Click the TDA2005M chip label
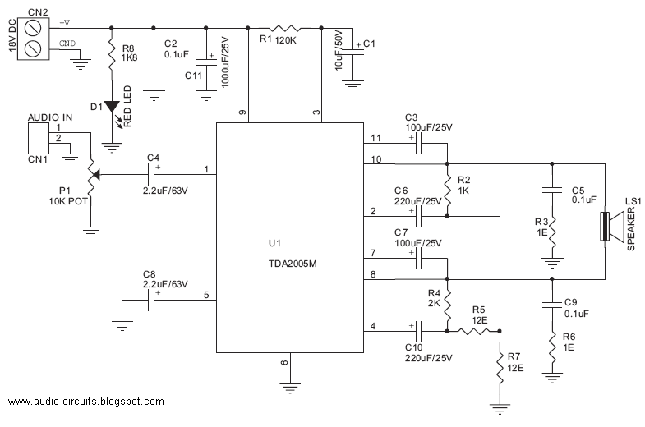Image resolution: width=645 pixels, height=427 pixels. [293, 264]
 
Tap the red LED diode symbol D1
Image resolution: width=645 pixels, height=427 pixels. [112, 107]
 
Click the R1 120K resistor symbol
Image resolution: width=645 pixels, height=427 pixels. [284, 28]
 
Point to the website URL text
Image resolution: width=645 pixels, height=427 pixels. [86, 401]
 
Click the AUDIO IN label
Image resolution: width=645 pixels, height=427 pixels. [50, 117]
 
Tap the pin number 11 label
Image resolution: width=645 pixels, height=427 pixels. [376, 138]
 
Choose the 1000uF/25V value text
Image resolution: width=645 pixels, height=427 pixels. [225, 62]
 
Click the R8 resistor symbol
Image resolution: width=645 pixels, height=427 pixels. [112, 54]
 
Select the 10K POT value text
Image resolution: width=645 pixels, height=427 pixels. [68, 201]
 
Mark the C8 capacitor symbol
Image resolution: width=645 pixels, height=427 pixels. [151, 300]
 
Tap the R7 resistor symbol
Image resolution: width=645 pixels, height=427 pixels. [500, 368]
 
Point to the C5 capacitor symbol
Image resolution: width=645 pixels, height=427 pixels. [552, 191]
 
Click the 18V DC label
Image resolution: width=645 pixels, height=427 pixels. [12, 35]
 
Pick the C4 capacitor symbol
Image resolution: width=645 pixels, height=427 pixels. [151, 174]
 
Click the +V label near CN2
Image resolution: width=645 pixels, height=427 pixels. [65, 23]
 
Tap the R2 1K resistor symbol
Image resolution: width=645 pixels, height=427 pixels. [447, 190]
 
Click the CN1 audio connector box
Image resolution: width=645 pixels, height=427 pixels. [39, 139]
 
